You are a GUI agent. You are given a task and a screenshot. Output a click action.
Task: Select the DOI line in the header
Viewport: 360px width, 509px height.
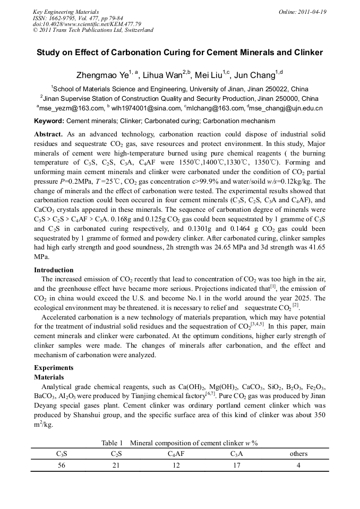click(x=87, y=24)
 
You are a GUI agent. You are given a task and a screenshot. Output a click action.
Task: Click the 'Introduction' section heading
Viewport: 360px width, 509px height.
click(x=54, y=270)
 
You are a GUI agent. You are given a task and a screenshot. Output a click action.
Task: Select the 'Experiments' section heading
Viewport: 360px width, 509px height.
click(x=54, y=367)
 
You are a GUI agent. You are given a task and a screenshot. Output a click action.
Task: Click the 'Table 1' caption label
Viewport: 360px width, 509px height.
click(x=112, y=443)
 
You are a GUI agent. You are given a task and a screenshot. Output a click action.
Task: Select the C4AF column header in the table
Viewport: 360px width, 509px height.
click(x=176, y=454)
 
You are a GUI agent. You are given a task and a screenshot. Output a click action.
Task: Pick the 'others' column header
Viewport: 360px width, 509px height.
click(x=298, y=454)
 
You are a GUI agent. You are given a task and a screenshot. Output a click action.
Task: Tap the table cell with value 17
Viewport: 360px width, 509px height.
click(x=236, y=465)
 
